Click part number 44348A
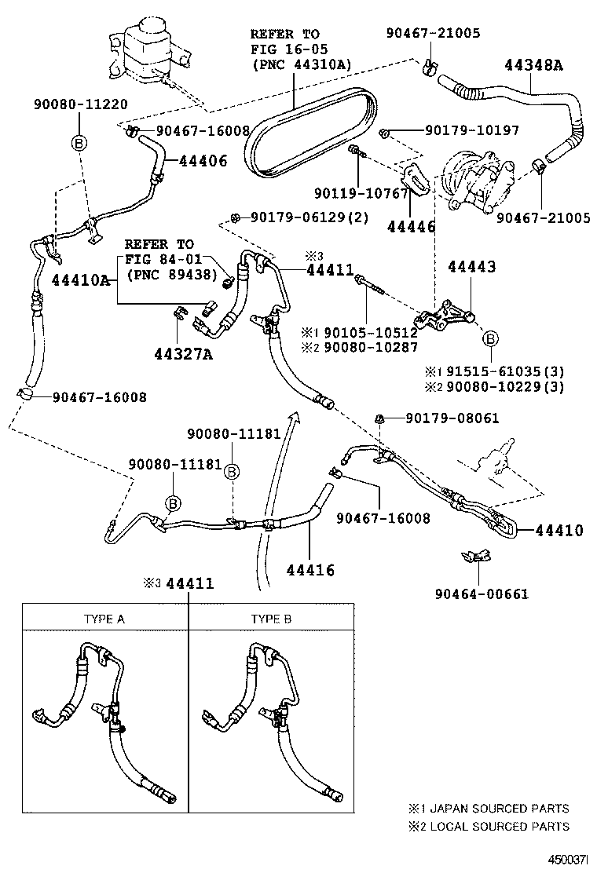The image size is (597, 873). point(533,65)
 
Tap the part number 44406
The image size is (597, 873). point(203,161)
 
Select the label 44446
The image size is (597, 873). point(411,227)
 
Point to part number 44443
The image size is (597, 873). point(471,268)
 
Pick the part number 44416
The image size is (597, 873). point(310,569)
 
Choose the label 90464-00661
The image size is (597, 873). point(481,594)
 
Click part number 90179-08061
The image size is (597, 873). point(452,418)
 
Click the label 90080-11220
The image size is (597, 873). point(80,104)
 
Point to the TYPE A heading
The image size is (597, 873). point(104,619)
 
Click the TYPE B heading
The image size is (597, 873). point(271,619)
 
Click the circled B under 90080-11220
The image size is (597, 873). point(79,142)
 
